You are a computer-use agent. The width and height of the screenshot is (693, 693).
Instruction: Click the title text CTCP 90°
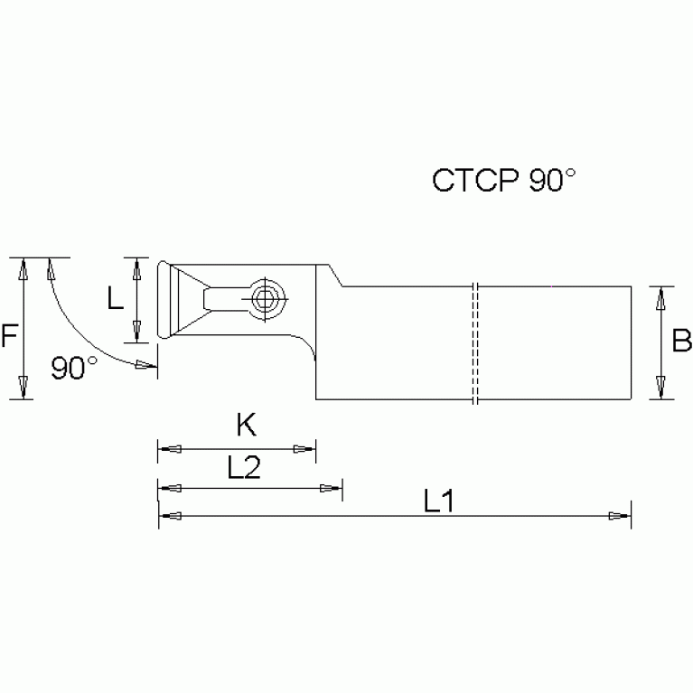tap(503, 180)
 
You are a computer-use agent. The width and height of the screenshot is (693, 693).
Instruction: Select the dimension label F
tap(10, 337)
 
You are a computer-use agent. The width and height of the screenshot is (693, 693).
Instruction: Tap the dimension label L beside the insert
tap(115, 298)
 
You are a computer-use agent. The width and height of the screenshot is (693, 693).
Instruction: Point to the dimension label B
tap(681, 341)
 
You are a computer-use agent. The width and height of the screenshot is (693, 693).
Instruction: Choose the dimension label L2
tap(244, 466)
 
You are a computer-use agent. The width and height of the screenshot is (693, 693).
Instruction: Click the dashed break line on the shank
tap(475, 343)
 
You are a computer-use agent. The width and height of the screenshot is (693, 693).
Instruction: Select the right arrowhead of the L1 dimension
tap(619, 517)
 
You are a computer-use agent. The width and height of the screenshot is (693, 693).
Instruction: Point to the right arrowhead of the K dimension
tap(304, 449)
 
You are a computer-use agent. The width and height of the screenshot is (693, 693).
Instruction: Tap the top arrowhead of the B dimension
tap(661, 296)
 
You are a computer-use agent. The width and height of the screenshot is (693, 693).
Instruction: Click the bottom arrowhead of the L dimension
tap(136, 332)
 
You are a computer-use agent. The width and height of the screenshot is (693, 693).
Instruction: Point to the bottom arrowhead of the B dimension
tap(661, 387)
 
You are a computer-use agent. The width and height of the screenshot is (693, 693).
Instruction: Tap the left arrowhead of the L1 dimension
tap(171, 517)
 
